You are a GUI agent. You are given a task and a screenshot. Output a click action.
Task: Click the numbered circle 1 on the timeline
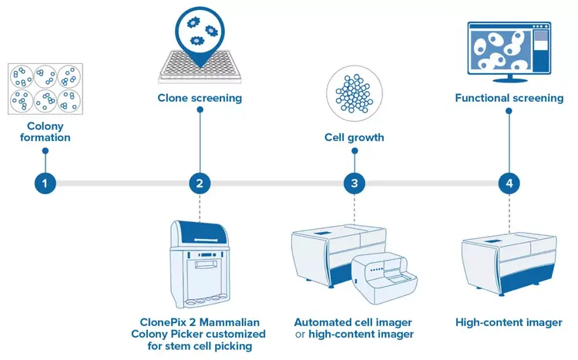45,183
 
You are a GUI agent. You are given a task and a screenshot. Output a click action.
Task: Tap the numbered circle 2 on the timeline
200,183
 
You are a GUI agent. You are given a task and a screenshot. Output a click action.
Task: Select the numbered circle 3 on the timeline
354,183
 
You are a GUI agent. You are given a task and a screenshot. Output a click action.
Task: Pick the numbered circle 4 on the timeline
509,183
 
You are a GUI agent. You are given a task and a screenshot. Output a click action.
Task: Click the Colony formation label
45,132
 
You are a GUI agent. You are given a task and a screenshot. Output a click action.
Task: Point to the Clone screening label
200,98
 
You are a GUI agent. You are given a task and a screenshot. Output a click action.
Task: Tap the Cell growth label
354,138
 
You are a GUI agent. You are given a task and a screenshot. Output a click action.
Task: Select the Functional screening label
509,98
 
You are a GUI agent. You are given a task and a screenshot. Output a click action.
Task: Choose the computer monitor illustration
508,50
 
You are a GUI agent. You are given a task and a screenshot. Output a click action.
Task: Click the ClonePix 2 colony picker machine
200,265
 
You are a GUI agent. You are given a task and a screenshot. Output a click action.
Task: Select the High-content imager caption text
509,322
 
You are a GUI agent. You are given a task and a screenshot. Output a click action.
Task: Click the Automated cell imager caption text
354,322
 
